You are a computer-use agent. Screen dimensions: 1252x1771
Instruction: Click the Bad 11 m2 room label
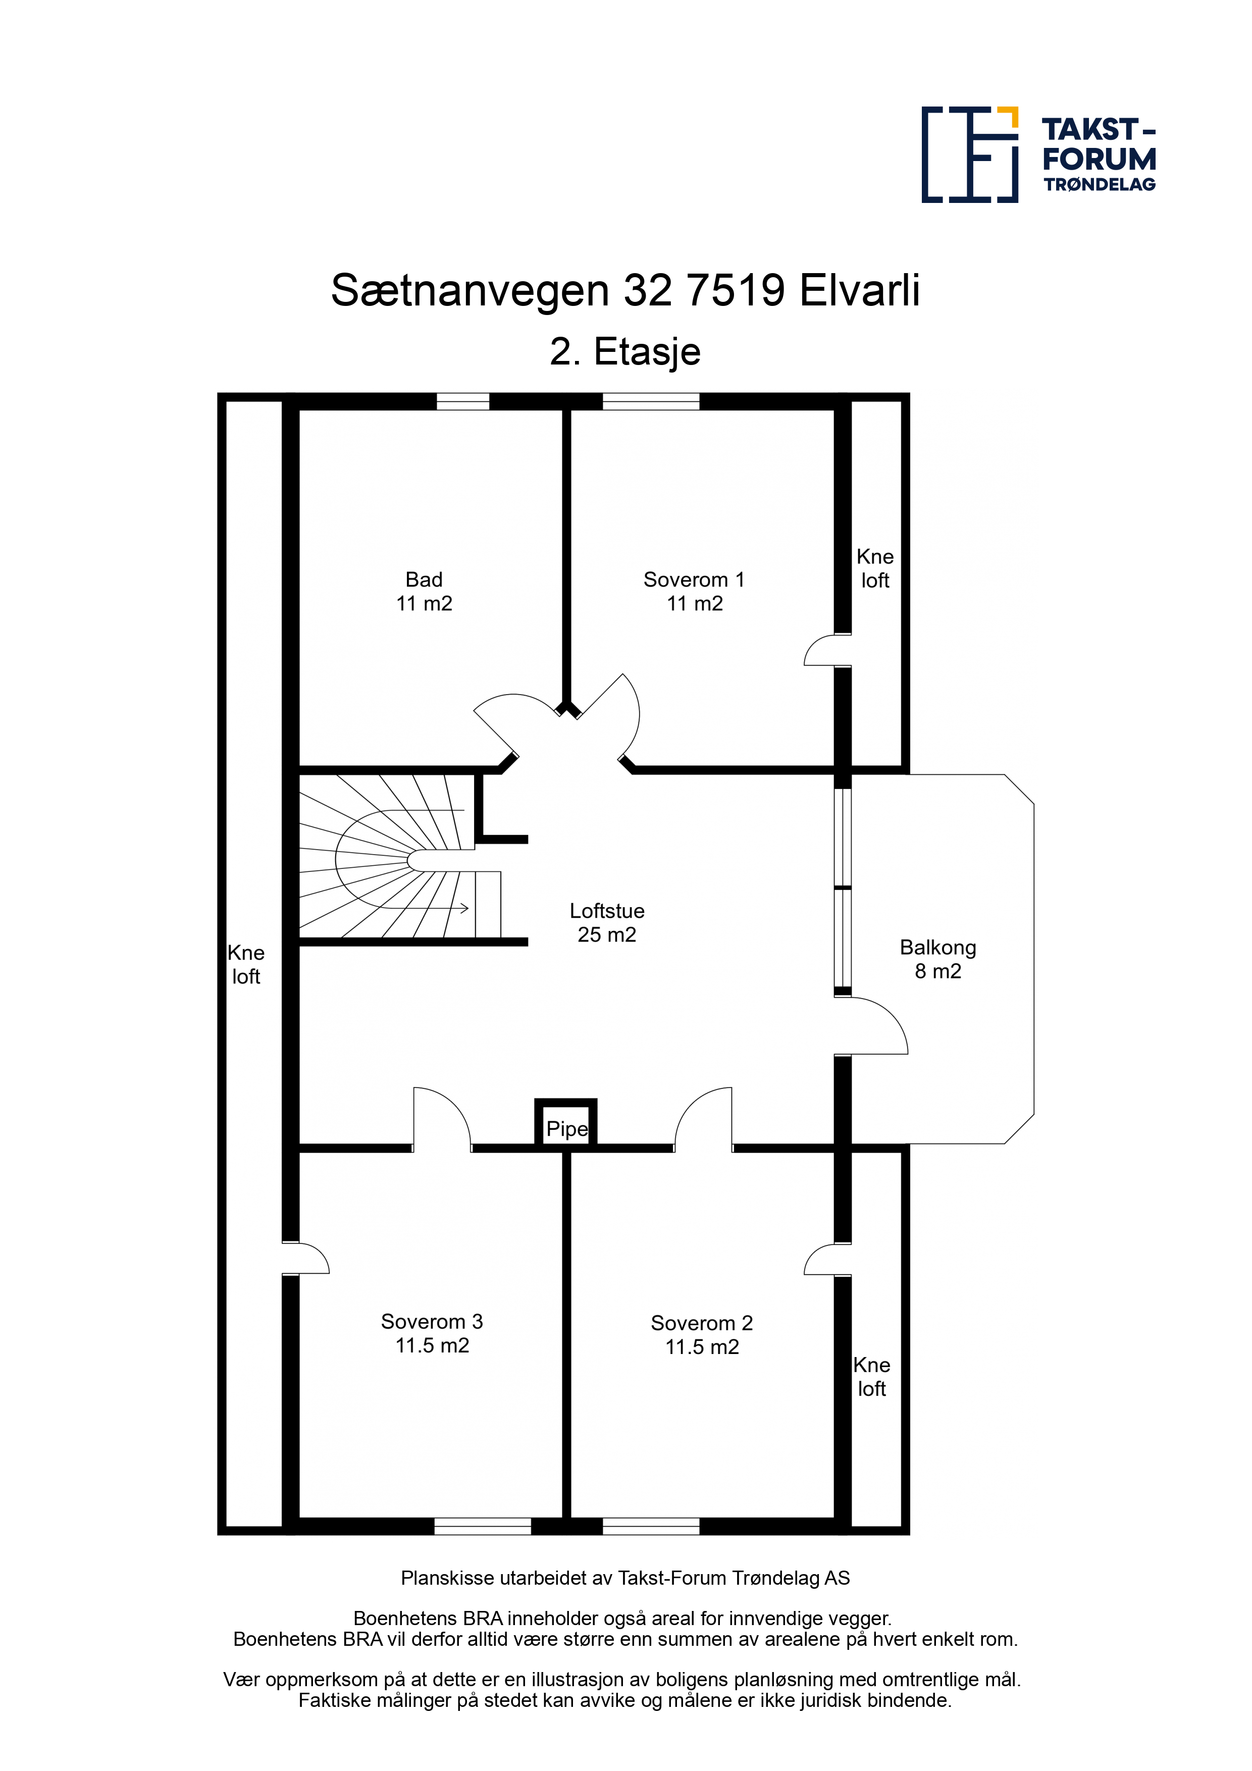click(424, 592)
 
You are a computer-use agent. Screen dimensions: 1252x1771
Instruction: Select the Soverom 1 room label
click(694, 592)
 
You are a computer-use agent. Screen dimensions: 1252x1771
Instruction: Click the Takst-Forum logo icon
click(970, 154)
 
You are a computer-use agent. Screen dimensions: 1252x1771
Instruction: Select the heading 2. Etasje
click(625, 352)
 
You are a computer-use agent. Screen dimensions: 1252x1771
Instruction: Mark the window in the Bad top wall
click(463, 401)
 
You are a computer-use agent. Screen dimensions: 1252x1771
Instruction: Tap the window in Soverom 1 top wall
click(651, 401)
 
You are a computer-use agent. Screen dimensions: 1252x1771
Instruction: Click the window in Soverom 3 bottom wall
click(483, 1526)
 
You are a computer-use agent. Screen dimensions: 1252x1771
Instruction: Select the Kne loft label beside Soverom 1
click(875, 568)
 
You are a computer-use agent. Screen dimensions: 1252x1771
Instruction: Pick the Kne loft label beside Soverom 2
click(872, 1377)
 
